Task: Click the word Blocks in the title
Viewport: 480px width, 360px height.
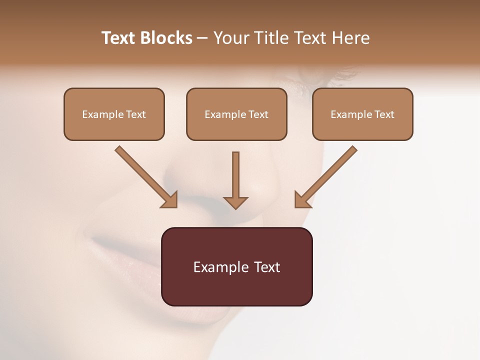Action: click(x=166, y=38)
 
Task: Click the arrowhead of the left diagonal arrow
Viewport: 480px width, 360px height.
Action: click(x=170, y=200)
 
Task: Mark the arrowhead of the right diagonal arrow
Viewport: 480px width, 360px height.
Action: click(x=302, y=200)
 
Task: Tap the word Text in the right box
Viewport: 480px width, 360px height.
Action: click(x=384, y=114)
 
